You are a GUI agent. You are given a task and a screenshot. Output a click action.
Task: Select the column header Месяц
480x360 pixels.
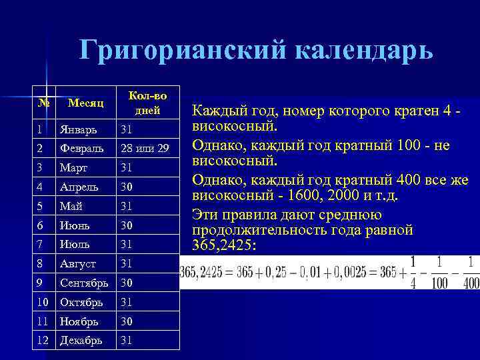tap(85, 103)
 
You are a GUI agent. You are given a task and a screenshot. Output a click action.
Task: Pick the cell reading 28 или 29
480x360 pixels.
tap(145, 147)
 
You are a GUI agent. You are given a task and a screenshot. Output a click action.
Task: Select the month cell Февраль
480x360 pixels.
tap(80, 147)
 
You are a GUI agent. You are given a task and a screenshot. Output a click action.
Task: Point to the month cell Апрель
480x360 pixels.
tap(78, 187)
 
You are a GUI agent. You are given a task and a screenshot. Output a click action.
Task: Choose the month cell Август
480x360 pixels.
tap(77, 263)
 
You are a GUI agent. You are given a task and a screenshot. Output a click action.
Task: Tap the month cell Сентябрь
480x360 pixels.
tap(84, 283)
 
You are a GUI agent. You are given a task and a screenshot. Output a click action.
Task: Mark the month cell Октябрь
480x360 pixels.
tap(81, 302)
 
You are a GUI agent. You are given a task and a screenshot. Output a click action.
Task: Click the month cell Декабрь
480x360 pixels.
tap(81, 341)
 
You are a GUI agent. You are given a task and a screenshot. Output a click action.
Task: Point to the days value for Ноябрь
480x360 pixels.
tap(127, 321)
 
